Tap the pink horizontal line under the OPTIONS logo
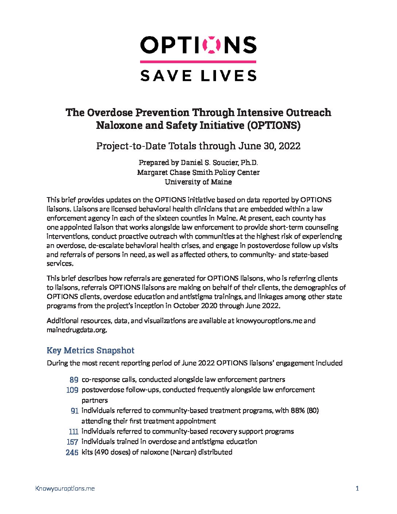coord(198,62)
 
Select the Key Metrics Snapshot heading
coord(90,350)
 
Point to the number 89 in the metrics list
coord(74,380)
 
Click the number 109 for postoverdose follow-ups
coord(72,390)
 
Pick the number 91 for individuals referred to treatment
coord(74,411)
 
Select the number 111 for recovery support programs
coord(73,431)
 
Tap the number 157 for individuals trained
coord(72,442)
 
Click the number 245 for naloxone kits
coord(72,452)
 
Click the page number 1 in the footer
coord(357,488)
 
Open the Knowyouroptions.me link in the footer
coord(65,488)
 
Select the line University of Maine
coord(198,181)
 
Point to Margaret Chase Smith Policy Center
coord(198,172)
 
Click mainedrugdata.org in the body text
coord(77,330)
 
